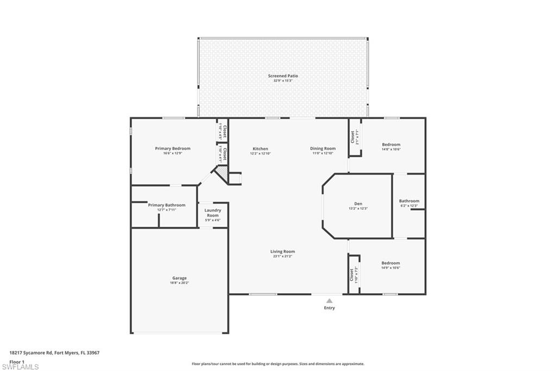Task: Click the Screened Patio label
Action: pyautogui.click(x=283, y=76)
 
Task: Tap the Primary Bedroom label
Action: pyautogui.click(x=173, y=149)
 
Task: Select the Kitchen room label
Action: pyautogui.click(x=260, y=149)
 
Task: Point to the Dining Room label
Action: pyautogui.click(x=323, y=149)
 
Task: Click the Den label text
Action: pyautogui.click(x=358, y=203)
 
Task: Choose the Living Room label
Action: pyautogui.click(x=282, y=251)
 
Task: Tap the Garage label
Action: pyautogui.click(x=179, y=278)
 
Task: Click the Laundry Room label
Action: pyautogui.click(x=212, y=213)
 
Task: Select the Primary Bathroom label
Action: pyautogui.click(x=167, y=205)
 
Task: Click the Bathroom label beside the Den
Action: pyautogui.click(x=409, y=201)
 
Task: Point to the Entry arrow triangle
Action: pyautogui.click(x=329, y=300)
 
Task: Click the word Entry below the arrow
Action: pyautogui.click(x=329, y=308)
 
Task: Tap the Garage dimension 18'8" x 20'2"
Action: pyautogui.click(x=179, y=283)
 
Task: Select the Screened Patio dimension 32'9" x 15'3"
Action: pyautogui.click(x=283, y=81)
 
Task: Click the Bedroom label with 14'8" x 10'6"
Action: pyautogui.click(x=391, y=145)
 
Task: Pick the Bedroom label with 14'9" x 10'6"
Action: pyautogui.click(x=391, y=263)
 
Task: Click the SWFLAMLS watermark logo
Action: pyautogui.click(x=21, y=367)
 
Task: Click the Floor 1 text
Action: pyautogui.click(x=17, y=362)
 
